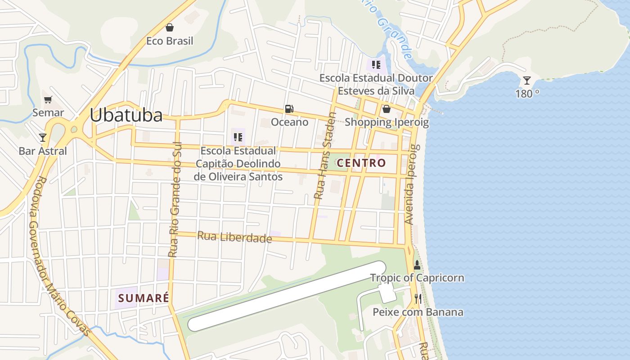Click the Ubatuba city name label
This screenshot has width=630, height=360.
tap(126, 115)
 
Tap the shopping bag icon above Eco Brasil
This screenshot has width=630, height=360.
tap(170, 27)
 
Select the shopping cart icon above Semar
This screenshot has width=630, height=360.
tap(48, 99)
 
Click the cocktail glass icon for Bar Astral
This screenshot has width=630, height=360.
tap(43, 137)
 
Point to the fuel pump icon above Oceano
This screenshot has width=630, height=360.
tap(289, 108)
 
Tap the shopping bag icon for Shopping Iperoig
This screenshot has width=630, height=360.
tap(386, 109)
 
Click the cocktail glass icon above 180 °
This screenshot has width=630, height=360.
tap(526, 81)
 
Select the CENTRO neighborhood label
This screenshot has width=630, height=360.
tap(361, 163)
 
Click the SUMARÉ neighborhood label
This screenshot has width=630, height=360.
tap(144, 298)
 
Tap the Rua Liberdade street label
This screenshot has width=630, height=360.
tap(234, 237)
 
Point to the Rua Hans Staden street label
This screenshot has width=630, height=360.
tap(325, 156)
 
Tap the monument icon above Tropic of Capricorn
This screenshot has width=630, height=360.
tap(417, 265)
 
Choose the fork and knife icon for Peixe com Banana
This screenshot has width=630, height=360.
tap(418, 299)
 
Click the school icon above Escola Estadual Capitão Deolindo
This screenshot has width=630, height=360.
tap(238, 137)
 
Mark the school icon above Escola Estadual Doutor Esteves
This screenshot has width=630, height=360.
tap(376, 65)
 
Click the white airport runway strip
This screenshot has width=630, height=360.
tap(287, 296)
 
